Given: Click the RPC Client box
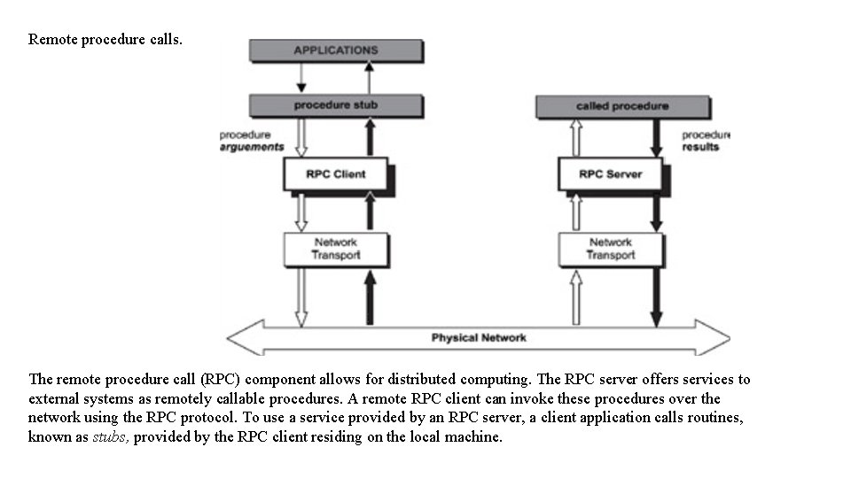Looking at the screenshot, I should (x=335, y=173).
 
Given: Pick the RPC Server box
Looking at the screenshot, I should (x=610, y=173).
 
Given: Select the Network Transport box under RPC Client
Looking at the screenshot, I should (x=335, y=249).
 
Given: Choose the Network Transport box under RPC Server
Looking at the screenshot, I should (x=610, y=249).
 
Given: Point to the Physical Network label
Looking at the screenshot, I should (x=479, y=337).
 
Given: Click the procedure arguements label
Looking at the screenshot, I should (x=251, y=141).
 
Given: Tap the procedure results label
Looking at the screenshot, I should (x=705, y=141).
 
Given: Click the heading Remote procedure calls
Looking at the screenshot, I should (x=105, y=39).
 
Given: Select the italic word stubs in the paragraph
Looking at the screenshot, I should (x=111, y=437).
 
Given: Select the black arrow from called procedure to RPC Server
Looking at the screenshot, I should (x=657, y=137).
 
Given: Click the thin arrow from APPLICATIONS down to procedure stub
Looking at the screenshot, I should (x=301, y=78).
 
